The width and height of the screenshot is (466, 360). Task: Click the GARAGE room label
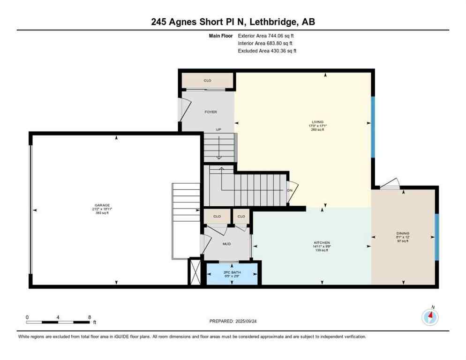(x=102, y=205)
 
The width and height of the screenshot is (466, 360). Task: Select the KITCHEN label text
(x=322, y=242)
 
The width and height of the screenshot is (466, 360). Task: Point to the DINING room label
(x=403, y=233)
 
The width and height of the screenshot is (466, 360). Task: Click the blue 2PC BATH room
(x=233, y=274)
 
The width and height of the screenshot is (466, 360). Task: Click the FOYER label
(x=210, y=112)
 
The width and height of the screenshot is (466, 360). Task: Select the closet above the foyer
(x=207, y=81)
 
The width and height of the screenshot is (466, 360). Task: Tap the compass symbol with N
(x=429, y=317)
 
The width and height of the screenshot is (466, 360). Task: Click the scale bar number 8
(x=89, y=317)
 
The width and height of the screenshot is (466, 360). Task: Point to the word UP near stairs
(x=218, y=129)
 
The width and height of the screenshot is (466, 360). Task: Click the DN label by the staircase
(x=290, y=191)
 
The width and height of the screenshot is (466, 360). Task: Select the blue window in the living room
(x=373, y=127)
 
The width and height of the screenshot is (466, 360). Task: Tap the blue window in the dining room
(x=436, y=237)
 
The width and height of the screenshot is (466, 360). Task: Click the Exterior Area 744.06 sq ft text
(x=266, y=35)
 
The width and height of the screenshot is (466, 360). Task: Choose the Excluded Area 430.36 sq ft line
(x=267, y=51)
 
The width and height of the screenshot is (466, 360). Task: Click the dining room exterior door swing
(x=390, y=184)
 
